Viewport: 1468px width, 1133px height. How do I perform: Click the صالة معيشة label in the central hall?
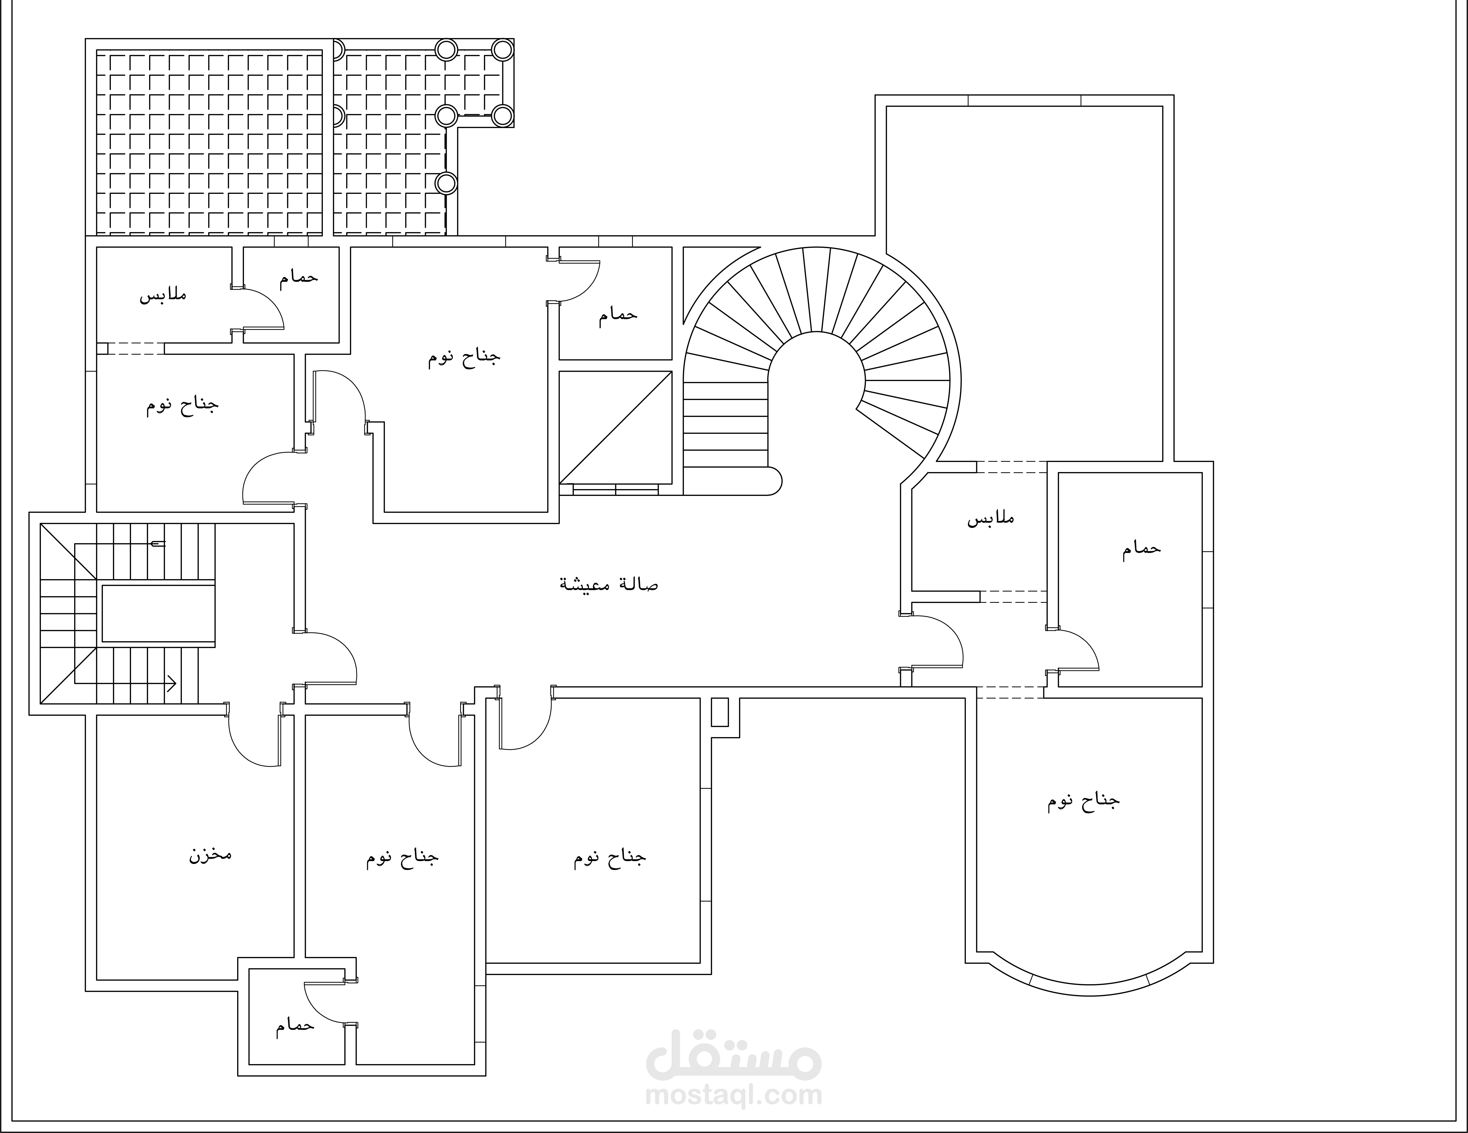[x=609, y=583]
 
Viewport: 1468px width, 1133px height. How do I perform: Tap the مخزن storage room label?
[x=210, y=856]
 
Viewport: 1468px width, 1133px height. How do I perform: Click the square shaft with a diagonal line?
[x=616, y=427]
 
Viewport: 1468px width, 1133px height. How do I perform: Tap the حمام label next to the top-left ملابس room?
[x=298, y=276]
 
